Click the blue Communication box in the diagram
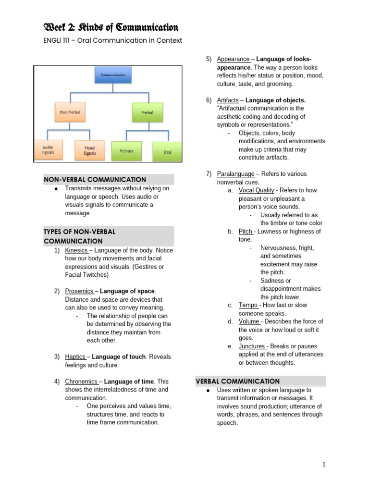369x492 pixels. [113, 75]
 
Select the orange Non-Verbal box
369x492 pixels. [70, 111]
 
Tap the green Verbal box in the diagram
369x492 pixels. [148, 112]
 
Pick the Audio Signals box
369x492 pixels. [48, 149]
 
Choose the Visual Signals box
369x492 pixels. [90, 150]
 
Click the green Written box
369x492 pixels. [127, 150]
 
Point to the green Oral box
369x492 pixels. [167, 151]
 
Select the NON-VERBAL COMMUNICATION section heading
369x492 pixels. [95, 179]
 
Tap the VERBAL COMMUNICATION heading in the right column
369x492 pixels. [237, 381]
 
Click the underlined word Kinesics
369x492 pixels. [76, 250]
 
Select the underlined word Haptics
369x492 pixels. [75, 357]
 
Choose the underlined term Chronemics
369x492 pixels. [81, 381]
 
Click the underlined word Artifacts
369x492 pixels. [228, 100]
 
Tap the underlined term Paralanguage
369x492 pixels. [234, 174]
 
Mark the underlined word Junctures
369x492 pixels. [252, 346]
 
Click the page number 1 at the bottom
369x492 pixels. [324, 464]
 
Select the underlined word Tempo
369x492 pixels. [248, 305]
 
